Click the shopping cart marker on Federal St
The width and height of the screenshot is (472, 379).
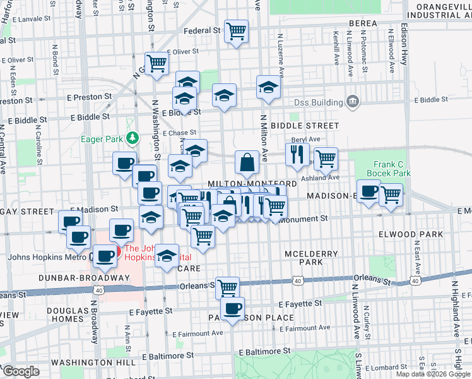point(236,30)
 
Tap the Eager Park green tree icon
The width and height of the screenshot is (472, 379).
point(132,137)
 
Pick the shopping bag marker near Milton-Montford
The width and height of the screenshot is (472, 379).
point(247,162)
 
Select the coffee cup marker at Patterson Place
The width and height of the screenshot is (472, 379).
point(233,309)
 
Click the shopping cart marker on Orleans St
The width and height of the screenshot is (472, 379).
point(227,287)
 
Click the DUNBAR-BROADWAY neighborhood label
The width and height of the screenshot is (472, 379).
point(75,278)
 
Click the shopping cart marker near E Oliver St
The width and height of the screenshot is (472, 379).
point(156,63)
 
